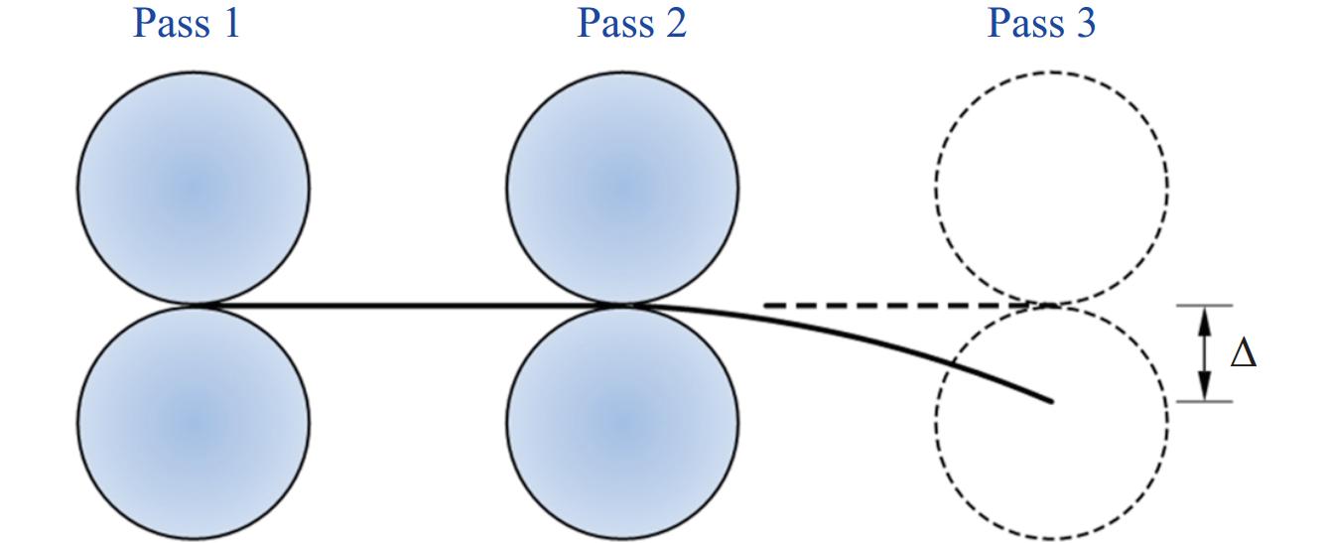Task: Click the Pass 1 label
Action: pyautogui.click(x=187, y=23)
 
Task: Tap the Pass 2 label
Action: pyautogui.click(x=631, y=23)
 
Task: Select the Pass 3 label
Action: pyautogui.click(x=1041, y=23)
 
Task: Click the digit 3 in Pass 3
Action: pyautogui.click(x=1085, y=23)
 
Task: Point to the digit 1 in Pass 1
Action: pyautogui.click(x=230, y=23)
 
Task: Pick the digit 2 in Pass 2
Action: pyautogui.click(x=675, y=23)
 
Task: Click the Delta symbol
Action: pyautogui.click(x=1243, y=353)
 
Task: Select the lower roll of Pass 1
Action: pyautogui.click(x=194, y=422)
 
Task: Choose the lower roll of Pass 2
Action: pyautogui.click(x=622, y=422)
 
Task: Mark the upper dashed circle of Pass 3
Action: pyautogui.click(x=1051, y=187)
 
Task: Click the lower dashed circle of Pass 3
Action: pyautogui.click(x=1051, y=467)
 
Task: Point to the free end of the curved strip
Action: pyautogui.click(x=1050, y=401)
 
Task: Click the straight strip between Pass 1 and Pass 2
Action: pyautogui.click(x=407, y=305)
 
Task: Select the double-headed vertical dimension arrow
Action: pyautogui.click(x=1205, y=353)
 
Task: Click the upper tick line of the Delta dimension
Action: pyautogui.click(x=1205, y=305)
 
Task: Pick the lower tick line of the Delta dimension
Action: pyautogui.click(x=1205, y=401)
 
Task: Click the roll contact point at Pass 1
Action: pyautogui.click(x=195, y=305)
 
